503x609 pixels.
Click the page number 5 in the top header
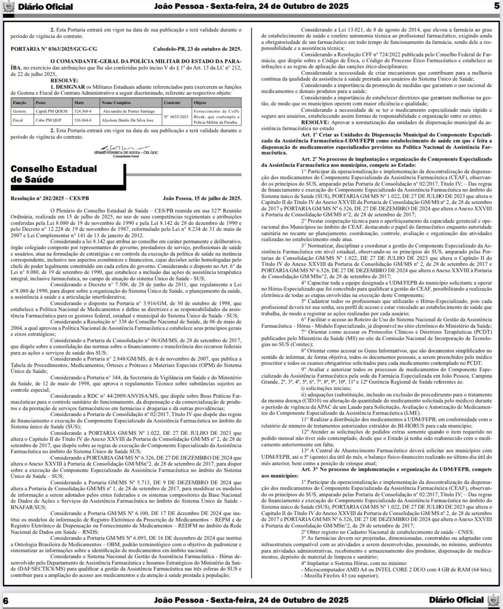(x=496, y=6)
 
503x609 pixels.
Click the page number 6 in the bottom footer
(x=6, y=600)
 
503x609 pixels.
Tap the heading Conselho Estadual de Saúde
(x=54, y=174)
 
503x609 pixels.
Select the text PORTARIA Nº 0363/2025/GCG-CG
(x=54, y=49)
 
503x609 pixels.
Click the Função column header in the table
(x=20, y=103)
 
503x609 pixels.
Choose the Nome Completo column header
(x=116, y=103)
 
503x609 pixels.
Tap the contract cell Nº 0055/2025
(x=176, y=116)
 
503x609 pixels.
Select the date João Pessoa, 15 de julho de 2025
(x=202, y=198)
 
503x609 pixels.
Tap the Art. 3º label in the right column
(x=311, y=469)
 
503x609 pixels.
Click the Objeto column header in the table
(x=200, y=103)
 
